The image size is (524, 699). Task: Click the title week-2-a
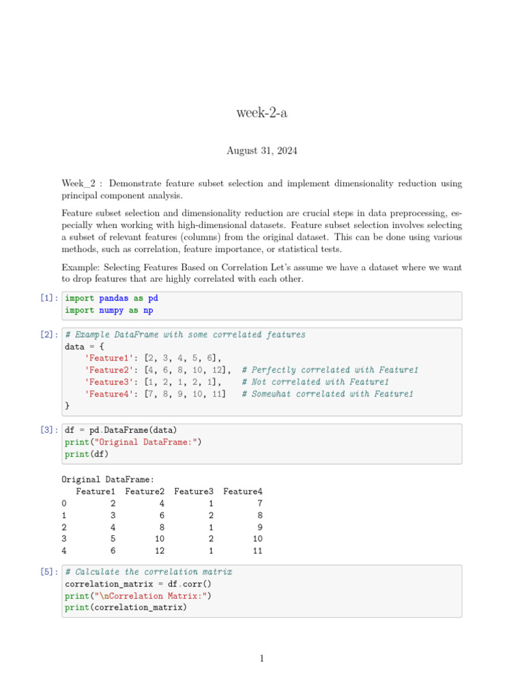point(262,113)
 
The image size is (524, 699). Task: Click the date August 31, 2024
point(262,150)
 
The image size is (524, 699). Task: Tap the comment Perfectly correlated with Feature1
point(330,370)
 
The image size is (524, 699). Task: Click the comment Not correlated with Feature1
point(315,382)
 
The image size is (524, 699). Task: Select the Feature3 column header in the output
point(194,491)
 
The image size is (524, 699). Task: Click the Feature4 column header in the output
point(243,491)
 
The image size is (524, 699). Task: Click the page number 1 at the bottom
point(262,659)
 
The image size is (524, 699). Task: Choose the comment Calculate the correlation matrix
point(149,572)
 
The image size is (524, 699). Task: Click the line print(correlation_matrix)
point(126,608)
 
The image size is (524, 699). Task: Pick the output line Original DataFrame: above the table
point(108,480)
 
